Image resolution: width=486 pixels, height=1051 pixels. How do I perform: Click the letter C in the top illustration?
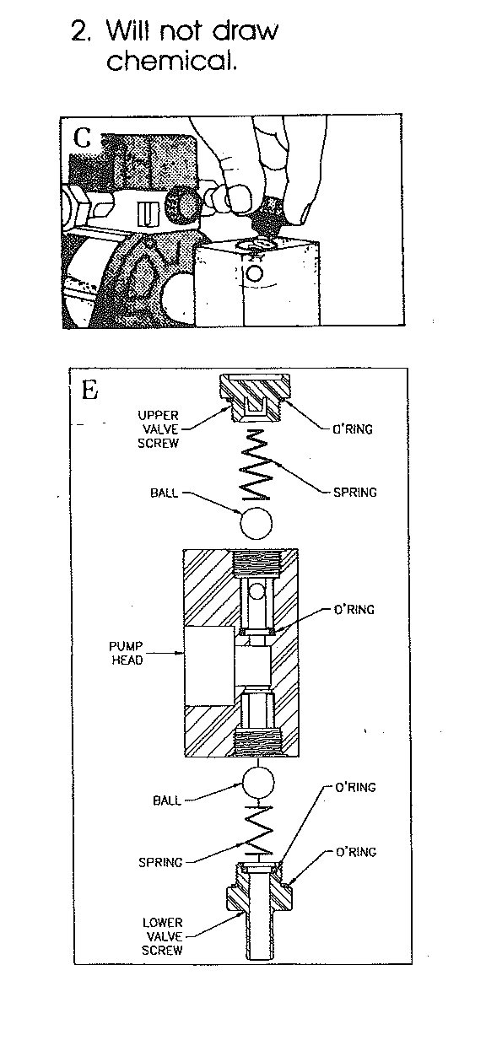point(83,138)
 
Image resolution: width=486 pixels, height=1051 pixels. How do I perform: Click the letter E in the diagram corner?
point(90,390)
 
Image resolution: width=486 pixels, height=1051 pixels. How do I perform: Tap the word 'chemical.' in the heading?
point(171,61)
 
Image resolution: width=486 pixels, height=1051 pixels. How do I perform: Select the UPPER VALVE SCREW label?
point(158,428)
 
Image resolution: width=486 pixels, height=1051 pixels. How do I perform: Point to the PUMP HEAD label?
point(126,653)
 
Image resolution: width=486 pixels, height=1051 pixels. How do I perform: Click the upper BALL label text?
point(165,493)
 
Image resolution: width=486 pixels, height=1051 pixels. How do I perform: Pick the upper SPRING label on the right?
point(354,493)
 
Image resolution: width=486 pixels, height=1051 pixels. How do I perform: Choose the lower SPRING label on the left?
point(160,862)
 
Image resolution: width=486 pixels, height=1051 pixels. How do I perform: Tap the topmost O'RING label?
point(353,428)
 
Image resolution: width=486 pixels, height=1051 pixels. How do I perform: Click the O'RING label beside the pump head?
point(354,610)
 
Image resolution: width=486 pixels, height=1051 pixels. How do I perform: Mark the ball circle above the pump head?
point(256,523)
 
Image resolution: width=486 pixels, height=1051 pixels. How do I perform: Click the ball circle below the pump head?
point(258,784)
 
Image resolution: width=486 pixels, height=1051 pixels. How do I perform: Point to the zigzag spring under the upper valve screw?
point(255,465)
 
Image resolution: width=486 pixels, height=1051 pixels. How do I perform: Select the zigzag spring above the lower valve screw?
point(257,829)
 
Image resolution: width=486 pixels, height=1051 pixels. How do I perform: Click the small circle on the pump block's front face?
point(255,273)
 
